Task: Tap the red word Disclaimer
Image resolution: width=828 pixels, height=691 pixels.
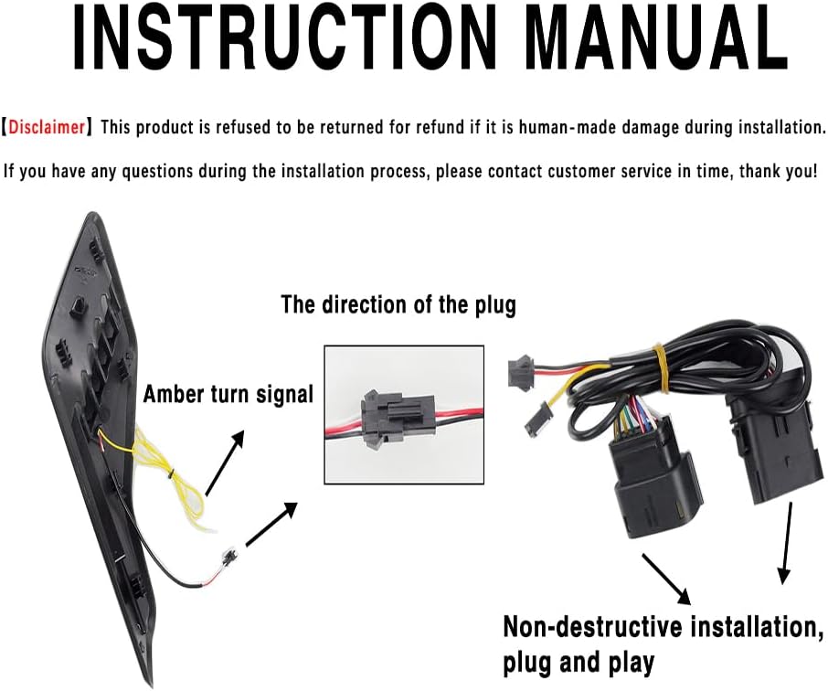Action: (48, 127)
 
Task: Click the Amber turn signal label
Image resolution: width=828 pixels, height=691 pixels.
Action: (228, 395)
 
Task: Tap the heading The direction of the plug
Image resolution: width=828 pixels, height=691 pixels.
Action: (398, 304)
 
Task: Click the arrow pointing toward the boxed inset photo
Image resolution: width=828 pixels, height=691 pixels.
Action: (271, 525)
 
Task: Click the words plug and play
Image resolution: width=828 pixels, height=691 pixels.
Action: (578, 662)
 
